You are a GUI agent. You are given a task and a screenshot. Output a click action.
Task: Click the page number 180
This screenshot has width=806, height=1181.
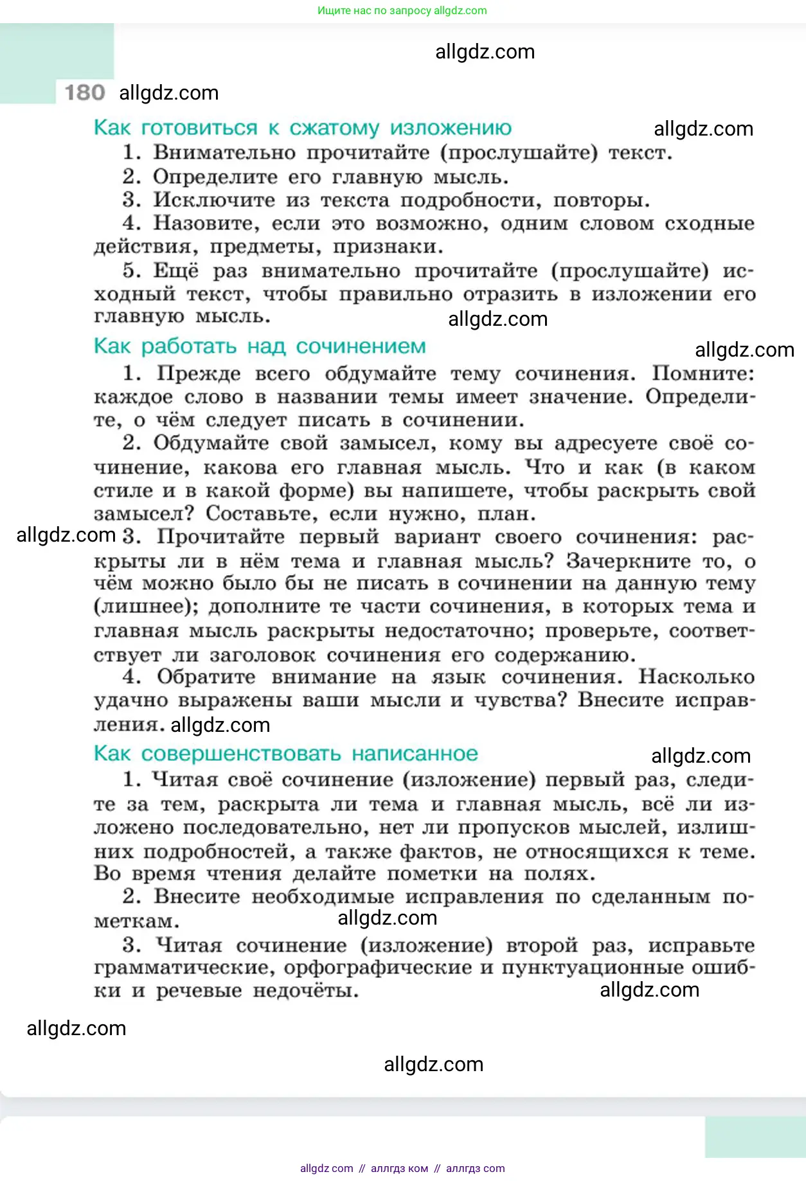click(x=85, y=93)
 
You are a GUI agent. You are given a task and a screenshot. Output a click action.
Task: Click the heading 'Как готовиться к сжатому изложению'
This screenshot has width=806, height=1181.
click(x=302, y=128)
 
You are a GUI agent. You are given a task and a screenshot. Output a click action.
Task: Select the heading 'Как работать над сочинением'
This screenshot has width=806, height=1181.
click(x=260, y=346)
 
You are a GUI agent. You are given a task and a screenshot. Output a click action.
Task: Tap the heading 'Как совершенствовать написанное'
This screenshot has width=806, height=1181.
click(x=286, y=754)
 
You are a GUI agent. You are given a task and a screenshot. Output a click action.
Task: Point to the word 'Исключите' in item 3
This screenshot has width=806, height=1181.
click(x=214, y=200)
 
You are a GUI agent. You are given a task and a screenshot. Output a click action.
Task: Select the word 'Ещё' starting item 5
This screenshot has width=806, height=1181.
click(x=175, y=271)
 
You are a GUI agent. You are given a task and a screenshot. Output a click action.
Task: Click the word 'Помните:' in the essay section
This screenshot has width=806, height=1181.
click(x=703, y=373)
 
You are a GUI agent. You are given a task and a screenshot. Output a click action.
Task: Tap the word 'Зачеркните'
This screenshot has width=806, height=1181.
click(x=627, y=561)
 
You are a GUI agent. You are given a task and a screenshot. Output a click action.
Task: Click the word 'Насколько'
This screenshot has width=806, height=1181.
click(x=696, y=677)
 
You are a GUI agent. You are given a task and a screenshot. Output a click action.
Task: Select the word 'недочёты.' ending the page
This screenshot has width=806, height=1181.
click(x=305, y=991)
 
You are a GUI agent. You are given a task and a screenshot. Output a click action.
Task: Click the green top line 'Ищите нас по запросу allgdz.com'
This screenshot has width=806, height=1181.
click(x=402, y=10)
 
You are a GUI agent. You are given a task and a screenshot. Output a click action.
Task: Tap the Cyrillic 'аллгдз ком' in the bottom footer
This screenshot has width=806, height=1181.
click(x=399, y=1168)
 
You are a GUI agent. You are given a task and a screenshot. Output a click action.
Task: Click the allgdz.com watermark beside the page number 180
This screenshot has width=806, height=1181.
click(x=169, y=93)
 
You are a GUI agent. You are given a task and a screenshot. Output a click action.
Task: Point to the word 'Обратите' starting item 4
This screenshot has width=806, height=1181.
click(x=206, y=677)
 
